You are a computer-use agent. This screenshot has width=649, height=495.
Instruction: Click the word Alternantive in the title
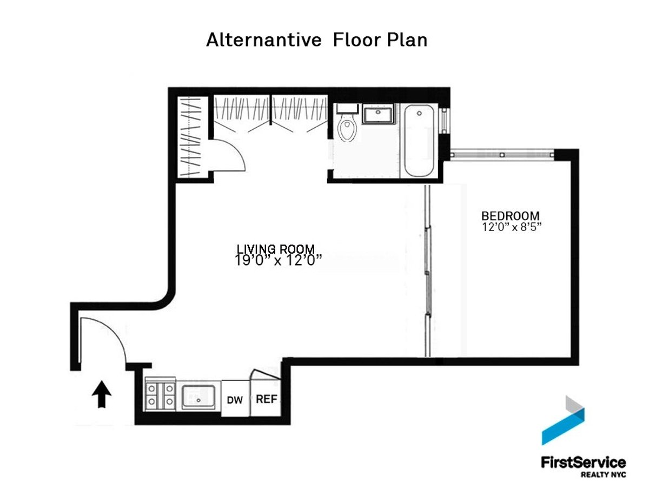tap(263, 39)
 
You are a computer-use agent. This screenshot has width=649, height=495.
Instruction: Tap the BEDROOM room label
tap(511, 216)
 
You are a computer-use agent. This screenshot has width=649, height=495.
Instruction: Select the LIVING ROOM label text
tap(276, 249)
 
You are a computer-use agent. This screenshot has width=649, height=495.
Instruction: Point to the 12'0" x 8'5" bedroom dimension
tap(512, 227)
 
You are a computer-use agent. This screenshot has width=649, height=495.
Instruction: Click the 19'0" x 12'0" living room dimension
tap(278, 261)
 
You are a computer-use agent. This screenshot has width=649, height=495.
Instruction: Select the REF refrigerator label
tap(267, 399)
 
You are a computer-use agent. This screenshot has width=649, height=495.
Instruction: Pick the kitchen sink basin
tap(198, 397)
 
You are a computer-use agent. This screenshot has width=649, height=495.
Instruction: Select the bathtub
tap(419, 141)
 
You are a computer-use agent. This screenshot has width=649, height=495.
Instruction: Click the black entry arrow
tap(102, 394)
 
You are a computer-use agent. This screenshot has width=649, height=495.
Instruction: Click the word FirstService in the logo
tap(583, 462)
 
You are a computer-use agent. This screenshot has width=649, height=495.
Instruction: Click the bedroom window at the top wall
tap(502, 155)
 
